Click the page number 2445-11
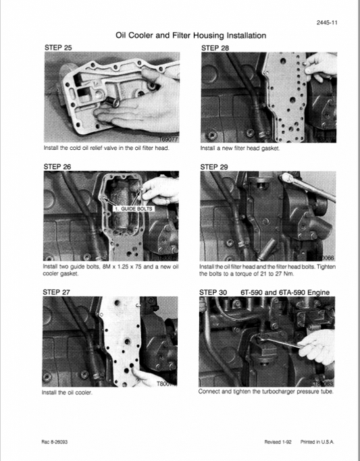click(327, 24)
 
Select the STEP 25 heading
click(57, 48)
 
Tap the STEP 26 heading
click(57, 165)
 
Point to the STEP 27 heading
click(57, 292)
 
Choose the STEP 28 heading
click(215, 48)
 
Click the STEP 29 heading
click(215, 165)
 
